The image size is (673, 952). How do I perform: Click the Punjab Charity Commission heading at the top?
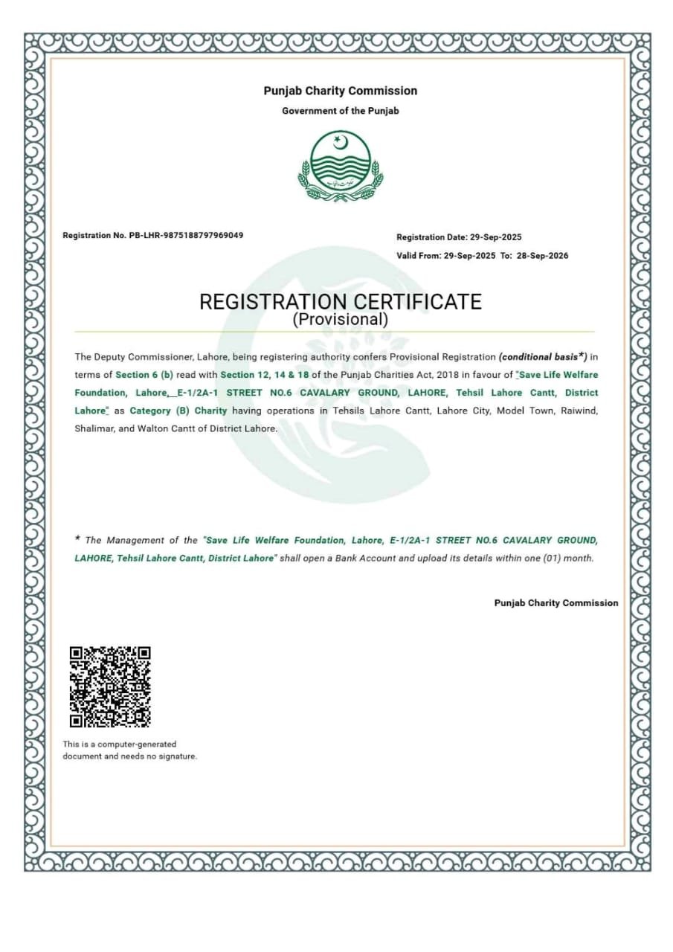point(340,91)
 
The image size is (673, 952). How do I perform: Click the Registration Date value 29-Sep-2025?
point(496,237)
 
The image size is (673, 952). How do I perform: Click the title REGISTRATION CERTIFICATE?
point(340,302)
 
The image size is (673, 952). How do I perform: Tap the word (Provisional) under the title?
point(340,321)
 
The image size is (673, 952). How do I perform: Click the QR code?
point(110,686)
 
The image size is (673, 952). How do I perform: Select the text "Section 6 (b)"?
point(144,375)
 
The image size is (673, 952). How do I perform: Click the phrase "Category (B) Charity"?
point(178,411)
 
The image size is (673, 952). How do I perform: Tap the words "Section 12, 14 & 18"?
point(263,375)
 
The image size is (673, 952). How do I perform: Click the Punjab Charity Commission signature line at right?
point(556,603)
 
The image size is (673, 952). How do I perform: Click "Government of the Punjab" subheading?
point(340,111)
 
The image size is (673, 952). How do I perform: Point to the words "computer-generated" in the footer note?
point(142,744)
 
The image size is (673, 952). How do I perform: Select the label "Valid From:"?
point(419,256)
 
